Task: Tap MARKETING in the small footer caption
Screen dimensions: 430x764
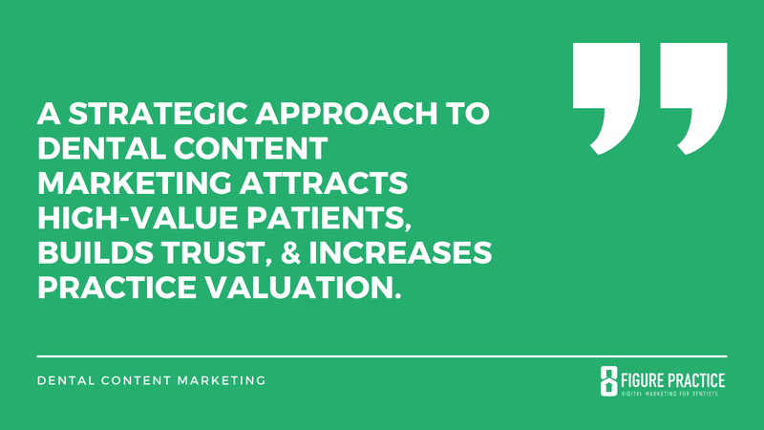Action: click(x=223, y=380)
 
